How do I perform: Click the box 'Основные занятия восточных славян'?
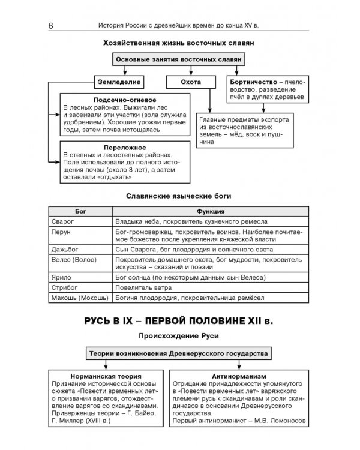[179, 60]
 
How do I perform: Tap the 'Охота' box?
[190, 81]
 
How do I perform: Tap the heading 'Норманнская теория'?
[106, 374]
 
